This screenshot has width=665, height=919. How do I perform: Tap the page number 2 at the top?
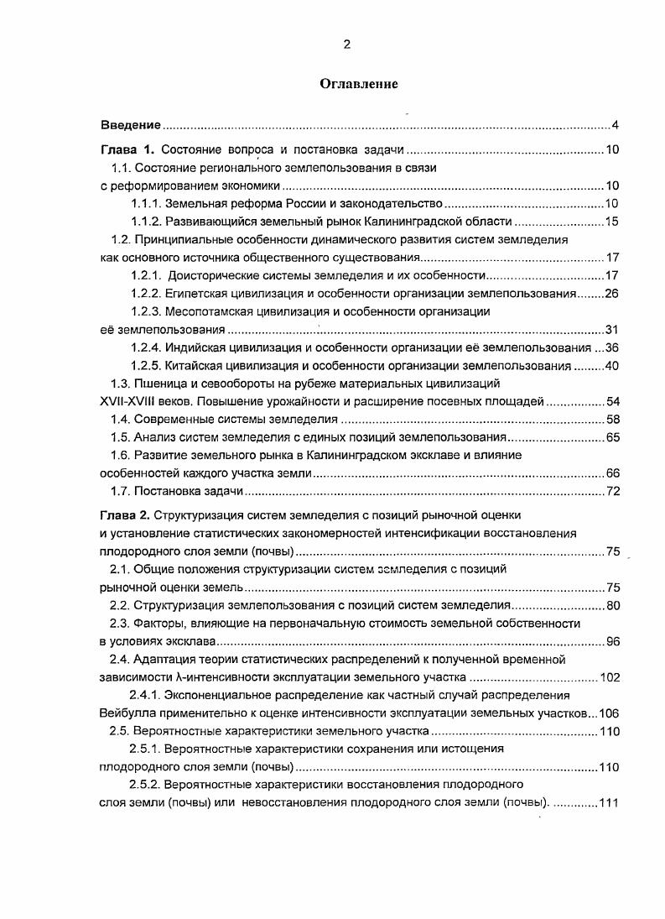point(346,45)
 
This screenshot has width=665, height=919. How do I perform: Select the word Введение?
point(130,125)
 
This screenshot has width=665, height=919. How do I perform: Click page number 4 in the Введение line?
point(615,126)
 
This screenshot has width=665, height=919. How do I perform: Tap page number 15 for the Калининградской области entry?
point(611,222)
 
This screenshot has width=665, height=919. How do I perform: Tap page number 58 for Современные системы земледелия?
point(611,419)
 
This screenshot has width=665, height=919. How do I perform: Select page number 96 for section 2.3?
point(611,641)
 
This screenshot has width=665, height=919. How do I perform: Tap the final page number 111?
point(608,802)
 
